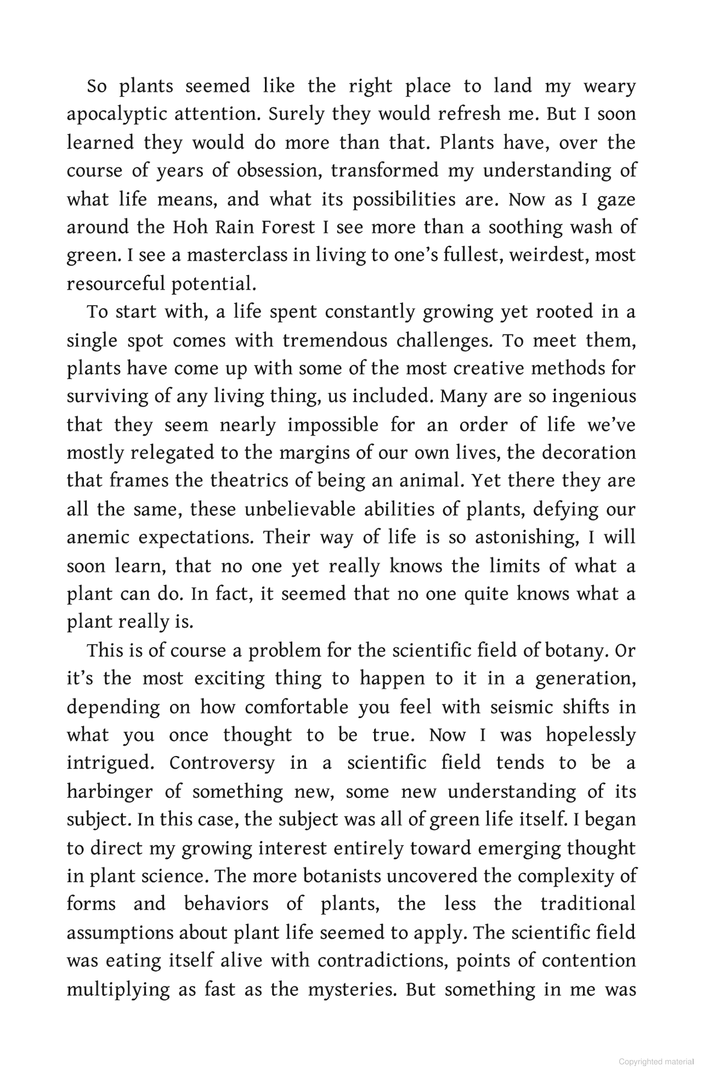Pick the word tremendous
click(x=335, y=341)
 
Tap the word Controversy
click(x=222, y=763)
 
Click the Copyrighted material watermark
click(x=656, y=1062)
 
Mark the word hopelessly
click(x=590, y=735)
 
